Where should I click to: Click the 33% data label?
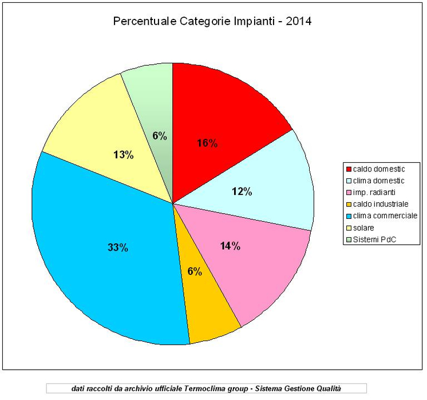[117, 247]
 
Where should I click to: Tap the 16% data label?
[206, 143]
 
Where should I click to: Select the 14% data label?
[230, 246]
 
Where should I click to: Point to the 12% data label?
[241, 191]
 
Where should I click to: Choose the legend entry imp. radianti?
[375, 192]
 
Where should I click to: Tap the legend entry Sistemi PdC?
[374, 239]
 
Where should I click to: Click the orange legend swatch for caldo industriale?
[348, 204]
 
